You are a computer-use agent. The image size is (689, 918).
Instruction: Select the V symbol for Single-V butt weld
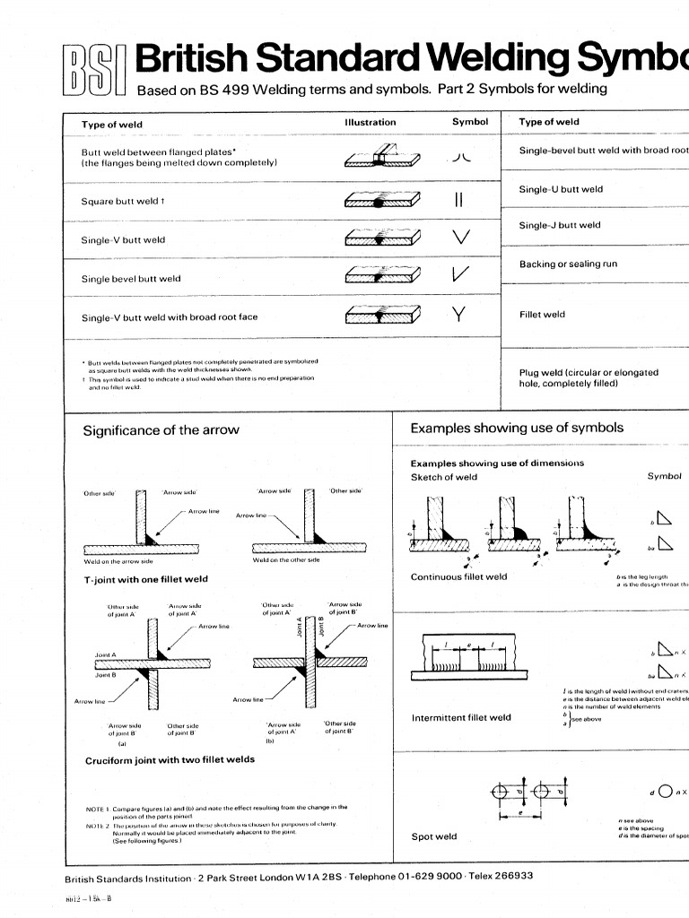pos(461,238)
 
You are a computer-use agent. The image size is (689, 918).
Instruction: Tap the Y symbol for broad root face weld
pos(459,315)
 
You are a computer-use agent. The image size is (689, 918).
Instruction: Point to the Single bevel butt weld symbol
pos(461,277)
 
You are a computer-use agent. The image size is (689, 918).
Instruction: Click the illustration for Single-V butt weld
pos(382,238)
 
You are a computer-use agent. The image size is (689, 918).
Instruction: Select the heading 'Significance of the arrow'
pos(161,430)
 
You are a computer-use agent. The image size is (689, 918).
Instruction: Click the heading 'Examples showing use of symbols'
pos(517,428)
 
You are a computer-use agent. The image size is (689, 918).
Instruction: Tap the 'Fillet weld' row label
pos(542,315)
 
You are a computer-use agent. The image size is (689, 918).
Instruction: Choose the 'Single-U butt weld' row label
pos(561,189)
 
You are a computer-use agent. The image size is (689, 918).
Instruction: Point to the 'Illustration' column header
pos(370,122)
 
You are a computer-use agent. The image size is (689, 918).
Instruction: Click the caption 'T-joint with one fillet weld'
pos(145,580)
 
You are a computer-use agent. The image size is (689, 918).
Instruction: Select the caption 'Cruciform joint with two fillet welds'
pos(169,759)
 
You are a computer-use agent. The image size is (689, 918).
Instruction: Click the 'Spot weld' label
pos(433,836)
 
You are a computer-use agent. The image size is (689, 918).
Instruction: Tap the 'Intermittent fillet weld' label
pos(461,717)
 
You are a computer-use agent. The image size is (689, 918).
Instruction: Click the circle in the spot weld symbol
pos(664,791)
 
